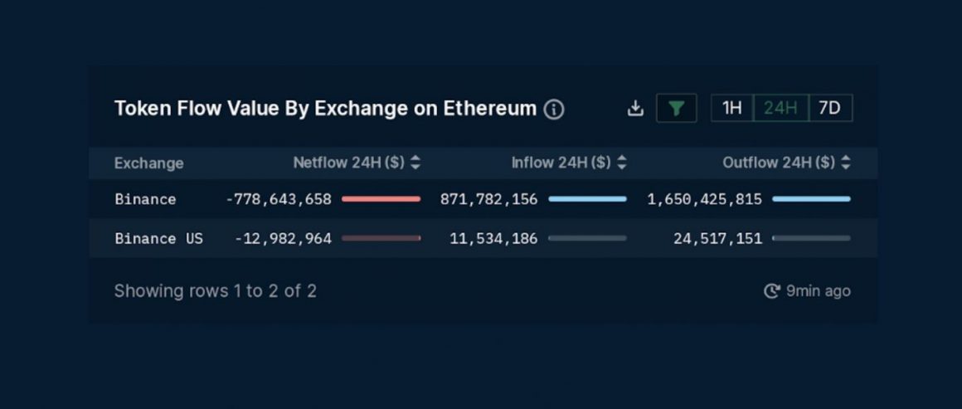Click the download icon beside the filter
click(x=635, y=109)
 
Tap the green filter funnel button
click(x=676, y=109)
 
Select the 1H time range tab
click(x=731, y=109)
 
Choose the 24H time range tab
click(x=780, y=109)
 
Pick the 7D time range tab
click(x=829, y=109)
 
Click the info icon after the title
click(x=554, y=110)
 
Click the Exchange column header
click(x=148, y=163)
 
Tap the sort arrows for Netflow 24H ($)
click(x=415, y=163)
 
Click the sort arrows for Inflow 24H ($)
click(x=622, y=163)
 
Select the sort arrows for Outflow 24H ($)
click(x=845, y=163)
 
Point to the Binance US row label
click(x=158, y=239)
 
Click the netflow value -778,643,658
click(x=279, y=199)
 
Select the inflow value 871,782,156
click(x=488, y=199)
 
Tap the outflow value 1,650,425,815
click(x=704, y=199)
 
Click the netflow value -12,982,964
click(x=283, y=239)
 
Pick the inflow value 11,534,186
click(x=493, y=239)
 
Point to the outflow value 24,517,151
click(x=717, y=239)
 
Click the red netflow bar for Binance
click(x=381, y=199)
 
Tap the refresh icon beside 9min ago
click(x=771, y=291)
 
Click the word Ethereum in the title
click(x=489, y=109)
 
